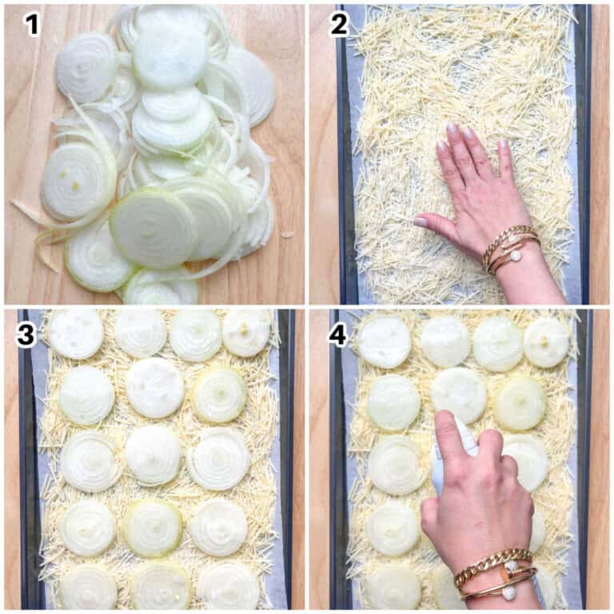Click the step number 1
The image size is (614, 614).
tap(33, 24)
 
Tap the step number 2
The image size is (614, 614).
tap(339, 24)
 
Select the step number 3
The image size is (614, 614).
tap(26, 334)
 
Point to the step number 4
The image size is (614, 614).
tap(338, 334)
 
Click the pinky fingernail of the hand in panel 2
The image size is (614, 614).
tap(503, 145)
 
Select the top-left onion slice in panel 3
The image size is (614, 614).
tap(76, 335)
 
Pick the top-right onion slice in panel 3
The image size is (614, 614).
tap(246, 333)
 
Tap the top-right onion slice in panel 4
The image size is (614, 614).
tap(546, 343)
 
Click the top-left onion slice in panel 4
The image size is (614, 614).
tap(384, 343)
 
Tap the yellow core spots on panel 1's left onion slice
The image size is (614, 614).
tap(70, 180)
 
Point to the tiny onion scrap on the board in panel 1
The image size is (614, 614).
tap(288, 235)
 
